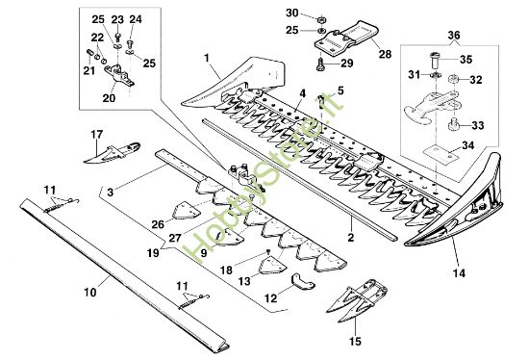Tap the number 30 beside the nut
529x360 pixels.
pos(292,13)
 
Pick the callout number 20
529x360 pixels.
pos(108,97)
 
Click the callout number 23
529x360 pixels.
pos(117,20)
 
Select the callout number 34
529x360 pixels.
pos(468,146)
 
